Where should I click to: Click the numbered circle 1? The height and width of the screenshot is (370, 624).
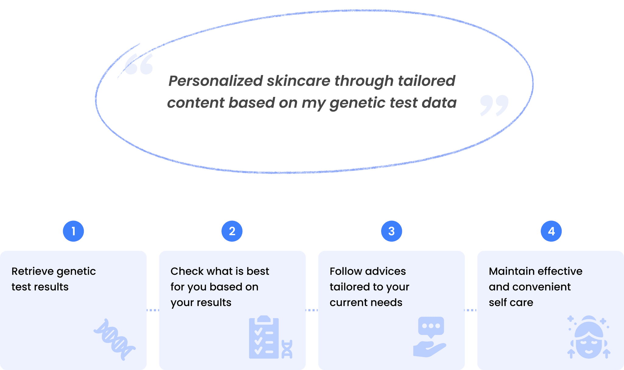pos(73,231)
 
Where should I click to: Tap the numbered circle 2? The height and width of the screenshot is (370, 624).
pos(232,231)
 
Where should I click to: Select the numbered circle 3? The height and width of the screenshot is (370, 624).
pos(392,231)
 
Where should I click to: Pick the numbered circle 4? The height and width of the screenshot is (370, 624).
pos(551,231)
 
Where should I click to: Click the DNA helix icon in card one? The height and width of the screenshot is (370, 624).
pos(115,339)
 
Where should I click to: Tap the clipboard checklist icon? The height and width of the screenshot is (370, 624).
pos(264,337)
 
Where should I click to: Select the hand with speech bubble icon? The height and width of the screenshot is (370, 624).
pos(430,337)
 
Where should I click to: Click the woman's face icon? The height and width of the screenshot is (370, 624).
pos(589,337)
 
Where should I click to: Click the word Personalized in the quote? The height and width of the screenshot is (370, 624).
pos(215,81)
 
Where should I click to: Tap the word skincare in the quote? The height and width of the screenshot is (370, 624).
pos(299,81)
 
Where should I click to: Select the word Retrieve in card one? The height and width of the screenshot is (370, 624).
pos(32,271)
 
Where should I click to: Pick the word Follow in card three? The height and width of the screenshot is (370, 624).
pos(346,271)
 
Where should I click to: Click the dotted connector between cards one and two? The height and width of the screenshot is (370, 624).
pos(153,310)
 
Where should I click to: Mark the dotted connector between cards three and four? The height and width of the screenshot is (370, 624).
pos(471,310)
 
